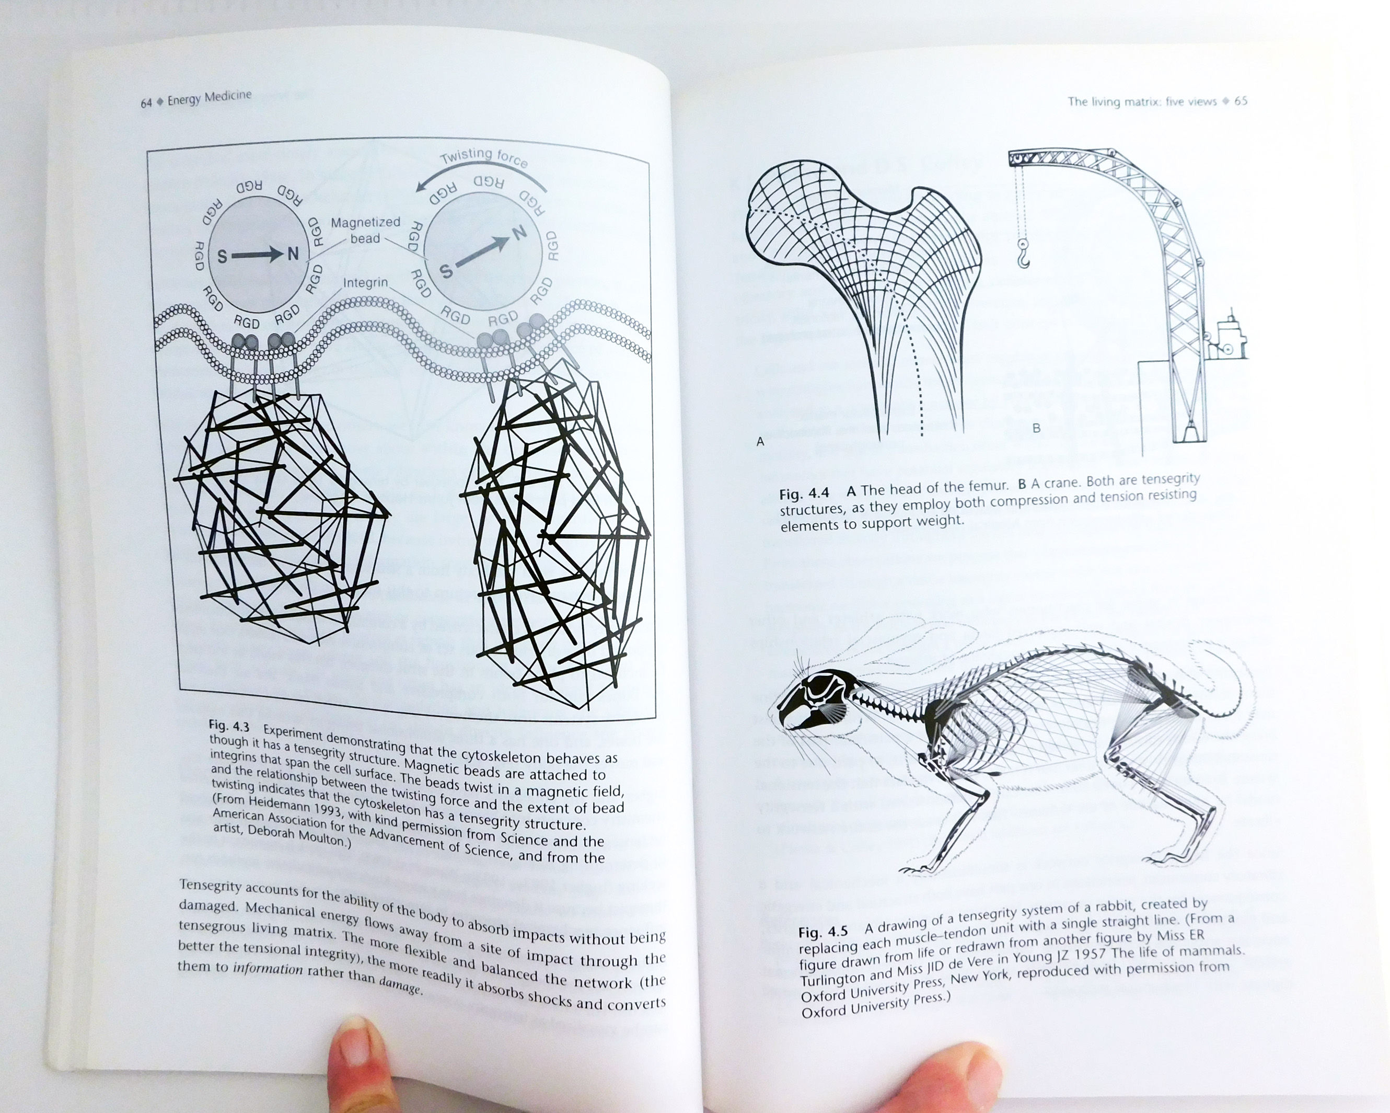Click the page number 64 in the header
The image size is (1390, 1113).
pyautogui.click(x=146, y=103)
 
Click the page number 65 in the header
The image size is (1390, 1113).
pyautogui.click(x=1241, y=101)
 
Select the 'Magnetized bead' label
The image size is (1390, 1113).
pyautogui.click(x=366, y=230)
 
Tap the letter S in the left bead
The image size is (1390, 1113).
pyautogui.click(x=222, y=257)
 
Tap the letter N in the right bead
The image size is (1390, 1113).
pyautogui.click(x=519, y=232)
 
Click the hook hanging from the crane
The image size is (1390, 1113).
pyautogui.click(x=1023, y=254)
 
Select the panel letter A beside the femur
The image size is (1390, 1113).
pyautogui.click(x=760, y=442)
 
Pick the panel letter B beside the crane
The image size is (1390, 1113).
pyautogui.click(x=1037, y=428)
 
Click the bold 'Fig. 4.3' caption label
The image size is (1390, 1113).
pyautogui.click(x=229, y=726)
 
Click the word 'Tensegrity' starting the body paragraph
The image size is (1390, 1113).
pyautogui.click(x=210, y=887)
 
